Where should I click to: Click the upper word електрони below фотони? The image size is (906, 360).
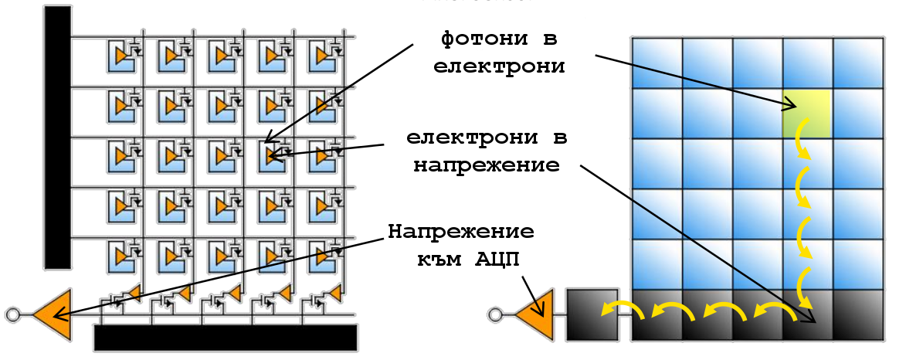(499, 66)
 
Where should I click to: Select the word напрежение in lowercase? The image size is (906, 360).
(485, 165)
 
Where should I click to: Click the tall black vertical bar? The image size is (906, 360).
(57, 139)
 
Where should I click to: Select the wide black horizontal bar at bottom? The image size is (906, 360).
(225, 337)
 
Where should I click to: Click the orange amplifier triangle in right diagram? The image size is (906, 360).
(538, 315)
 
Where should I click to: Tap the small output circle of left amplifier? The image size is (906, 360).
(12, 314)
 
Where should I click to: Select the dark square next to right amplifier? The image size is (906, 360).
(592, 314)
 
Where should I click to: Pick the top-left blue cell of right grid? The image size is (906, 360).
(657, 63)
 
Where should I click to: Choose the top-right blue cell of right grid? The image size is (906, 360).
(857, 63)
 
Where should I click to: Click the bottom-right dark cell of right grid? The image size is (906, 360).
(857, 314)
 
